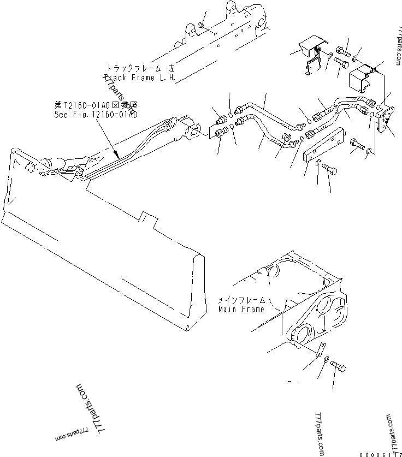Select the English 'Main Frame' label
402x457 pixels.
(241, 309)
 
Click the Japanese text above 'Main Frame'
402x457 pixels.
(241, 300)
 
